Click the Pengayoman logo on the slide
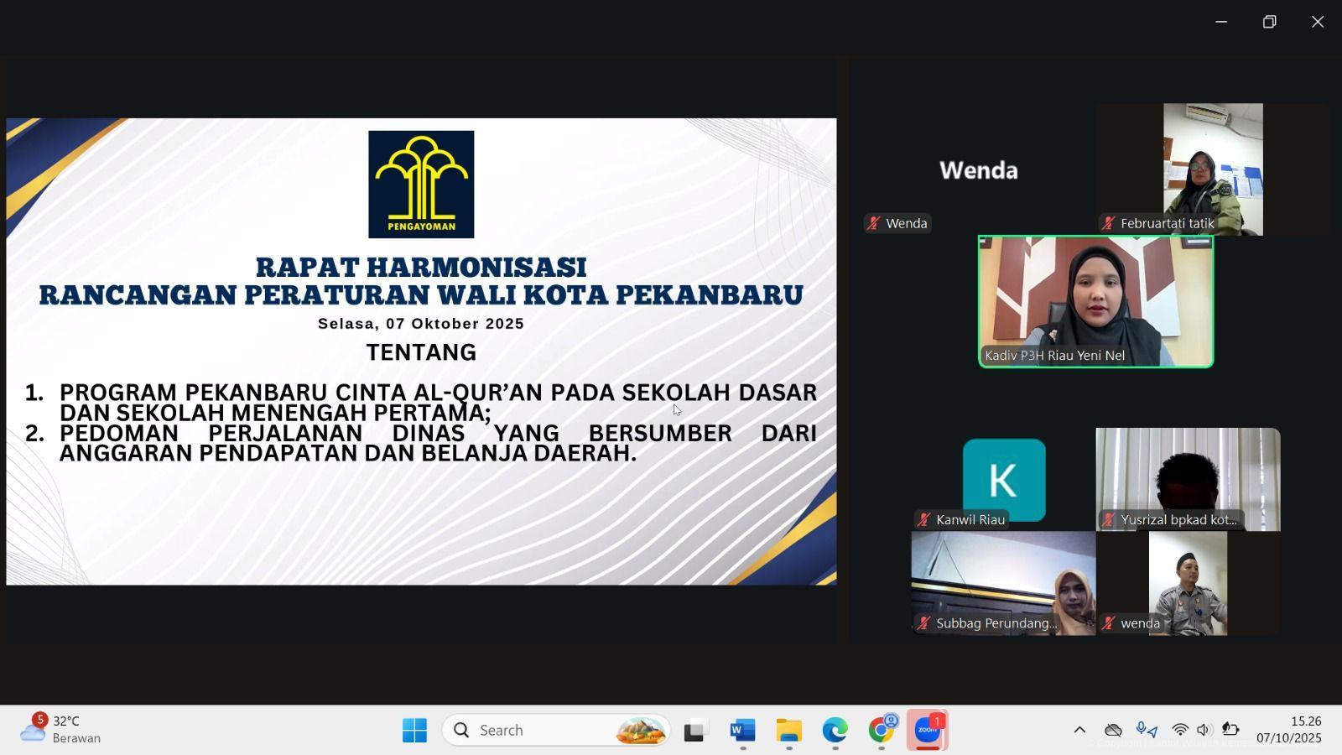[x=421, y=184]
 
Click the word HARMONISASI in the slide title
[x=476, y=268]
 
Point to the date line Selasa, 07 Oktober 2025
[x=421, y=324]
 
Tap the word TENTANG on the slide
[x=421, y=352]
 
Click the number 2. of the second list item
[x=34, y=433]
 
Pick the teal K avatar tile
[x=1004, y=479]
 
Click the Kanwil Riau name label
[x=970, y=519]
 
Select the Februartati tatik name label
[x=1167, y=223]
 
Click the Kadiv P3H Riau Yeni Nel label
[x=1054, y=356]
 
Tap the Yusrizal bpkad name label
[x=1178, y=519]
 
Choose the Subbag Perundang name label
[x=996, y=623]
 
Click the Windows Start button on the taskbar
[x=414, y=730]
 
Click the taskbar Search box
[x=556, y=730]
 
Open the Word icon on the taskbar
[x=743, y=730]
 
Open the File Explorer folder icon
[x=789, y=730]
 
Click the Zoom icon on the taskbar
[x=928, y=730]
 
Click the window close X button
[x=1318, y=22]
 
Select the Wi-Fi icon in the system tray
[x=1179, y=730]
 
